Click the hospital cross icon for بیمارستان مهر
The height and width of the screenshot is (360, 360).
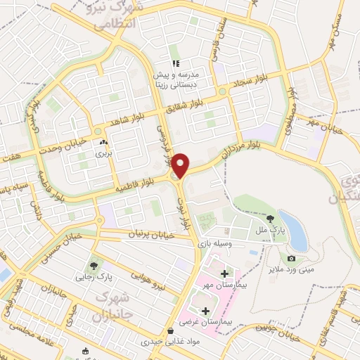pyautogui.click(x=224, y=273)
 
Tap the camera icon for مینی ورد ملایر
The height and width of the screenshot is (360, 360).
pyautogui.click(x=291, y=259)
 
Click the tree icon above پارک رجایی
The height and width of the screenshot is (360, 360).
pyautogui.click(x=93, y=265)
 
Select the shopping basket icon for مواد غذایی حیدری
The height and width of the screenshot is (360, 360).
pyautogui.click(x=170, y=330)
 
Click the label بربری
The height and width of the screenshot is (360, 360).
pyautogui.click(x=103, y=152)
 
